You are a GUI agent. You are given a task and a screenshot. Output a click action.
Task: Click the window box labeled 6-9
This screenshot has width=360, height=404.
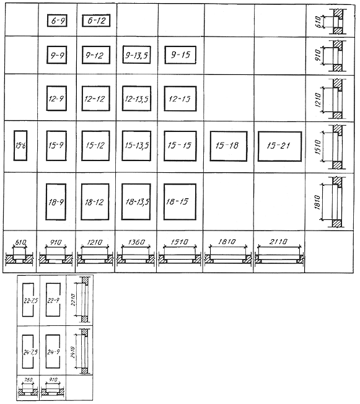pyautogui.click(x=57, y=20)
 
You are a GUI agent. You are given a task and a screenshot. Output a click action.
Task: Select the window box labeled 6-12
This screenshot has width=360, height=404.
pyautogui.click(x=96, y=20)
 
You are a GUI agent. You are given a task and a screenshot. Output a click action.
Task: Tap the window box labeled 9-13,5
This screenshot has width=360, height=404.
pyautogui.click(x=136, y=55)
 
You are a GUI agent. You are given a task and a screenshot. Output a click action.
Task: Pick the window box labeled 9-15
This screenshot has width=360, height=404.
pyautogui.click(x=180, y=55)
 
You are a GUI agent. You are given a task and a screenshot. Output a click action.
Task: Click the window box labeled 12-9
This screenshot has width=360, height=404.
pyautogui.click(x=56, y=99)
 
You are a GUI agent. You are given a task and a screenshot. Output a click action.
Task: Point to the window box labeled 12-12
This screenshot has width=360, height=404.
pyautogui.click(x=95, y=99)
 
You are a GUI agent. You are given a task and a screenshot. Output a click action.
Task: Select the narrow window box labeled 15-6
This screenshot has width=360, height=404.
pyautogui.click(x=20, y=146)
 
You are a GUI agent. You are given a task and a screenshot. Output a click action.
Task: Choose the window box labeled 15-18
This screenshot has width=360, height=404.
pyautogui.click(x=228, y=146)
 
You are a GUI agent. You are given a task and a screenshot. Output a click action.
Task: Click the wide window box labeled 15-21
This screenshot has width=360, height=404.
pyautogui.click(x=280, y=146)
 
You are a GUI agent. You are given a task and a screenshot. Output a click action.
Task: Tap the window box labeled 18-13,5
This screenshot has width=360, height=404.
pyautogui.click(x=136, y=202)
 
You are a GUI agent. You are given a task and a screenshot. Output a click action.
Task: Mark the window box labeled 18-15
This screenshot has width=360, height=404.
pyautogui.click(x=180, y=202)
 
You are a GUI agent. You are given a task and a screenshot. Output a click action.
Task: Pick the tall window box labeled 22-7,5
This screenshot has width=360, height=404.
pyautogui.click(x=28, y=300)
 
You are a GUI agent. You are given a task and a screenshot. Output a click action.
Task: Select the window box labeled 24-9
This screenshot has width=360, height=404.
pyautogui.click(x=53, y=351)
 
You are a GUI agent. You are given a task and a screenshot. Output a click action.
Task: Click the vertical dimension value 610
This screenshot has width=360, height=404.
pyautogui.click(x=318, y=22)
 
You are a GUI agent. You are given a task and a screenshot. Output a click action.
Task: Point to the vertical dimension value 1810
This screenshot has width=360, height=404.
pyautogui.click(x=317, y=202)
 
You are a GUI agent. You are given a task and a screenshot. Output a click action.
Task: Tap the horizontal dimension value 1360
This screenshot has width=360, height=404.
pyautogui.click(x=136, y=242)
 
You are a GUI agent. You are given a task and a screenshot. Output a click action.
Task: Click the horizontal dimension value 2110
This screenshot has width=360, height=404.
pyautogui.click(x=278, y=242)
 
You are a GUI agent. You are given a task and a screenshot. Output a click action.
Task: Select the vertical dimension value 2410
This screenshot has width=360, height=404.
pyautogui.click(x=72, y=352)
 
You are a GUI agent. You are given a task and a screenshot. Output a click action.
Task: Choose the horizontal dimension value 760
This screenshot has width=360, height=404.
pyautogui.click(x=28, y=380)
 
